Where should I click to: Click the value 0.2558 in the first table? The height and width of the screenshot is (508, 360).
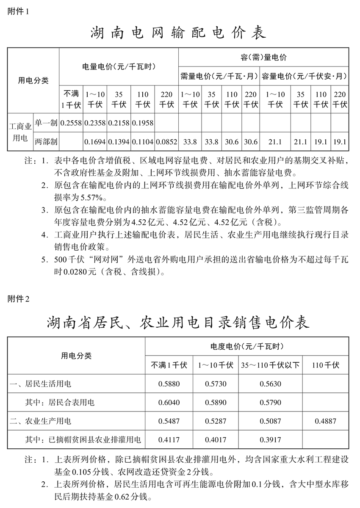71,123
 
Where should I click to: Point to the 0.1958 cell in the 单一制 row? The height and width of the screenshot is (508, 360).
143,123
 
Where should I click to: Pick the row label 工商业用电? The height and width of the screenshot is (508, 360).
20,132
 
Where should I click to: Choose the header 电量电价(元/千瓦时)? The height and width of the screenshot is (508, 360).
119,66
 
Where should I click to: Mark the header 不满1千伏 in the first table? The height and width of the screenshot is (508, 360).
71,99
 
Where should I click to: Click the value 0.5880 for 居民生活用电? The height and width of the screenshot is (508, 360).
169,384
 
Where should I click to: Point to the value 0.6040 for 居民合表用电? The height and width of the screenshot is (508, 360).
169,403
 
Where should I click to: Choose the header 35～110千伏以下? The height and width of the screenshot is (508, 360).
270,365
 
